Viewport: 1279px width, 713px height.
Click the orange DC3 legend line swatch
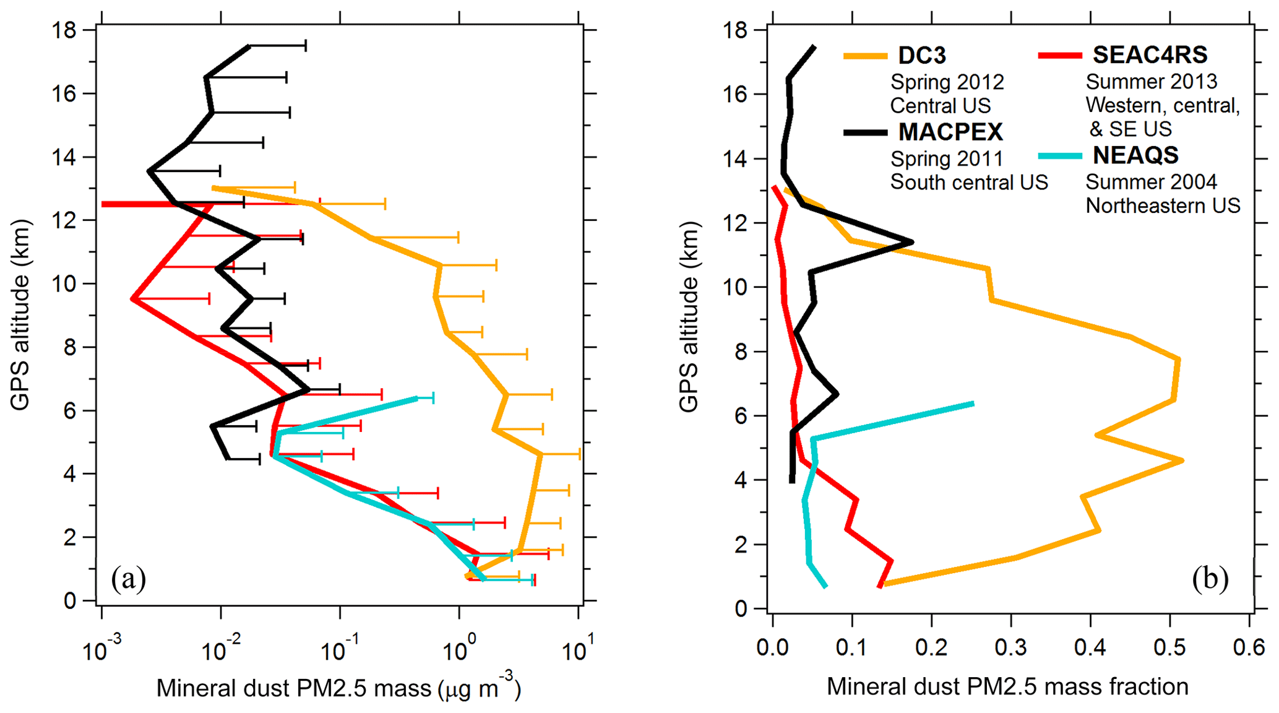(x=865, y=56)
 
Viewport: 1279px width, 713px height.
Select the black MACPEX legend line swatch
(x=865, y=132)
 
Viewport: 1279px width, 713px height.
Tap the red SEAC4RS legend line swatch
(x=1059, y=56)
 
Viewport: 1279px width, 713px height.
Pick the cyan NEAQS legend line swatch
(x=1059, y=155)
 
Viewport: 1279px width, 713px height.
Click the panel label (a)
(x=128, y=579)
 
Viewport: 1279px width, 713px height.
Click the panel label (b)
(x=1210, y=579)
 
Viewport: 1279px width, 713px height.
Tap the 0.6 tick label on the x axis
(x=1249, y=647)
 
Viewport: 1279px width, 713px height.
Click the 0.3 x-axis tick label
(x=1010, y=647)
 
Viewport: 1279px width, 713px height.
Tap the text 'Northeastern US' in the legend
(x=1163, y=205)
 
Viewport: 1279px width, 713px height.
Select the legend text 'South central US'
(x=969, y=182)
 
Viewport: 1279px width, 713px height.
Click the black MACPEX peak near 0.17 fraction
(x=911, y=241)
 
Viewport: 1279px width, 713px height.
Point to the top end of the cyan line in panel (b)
(x=973, y=404)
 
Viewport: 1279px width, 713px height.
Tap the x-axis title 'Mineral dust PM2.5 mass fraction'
(x=1007, y=686)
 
